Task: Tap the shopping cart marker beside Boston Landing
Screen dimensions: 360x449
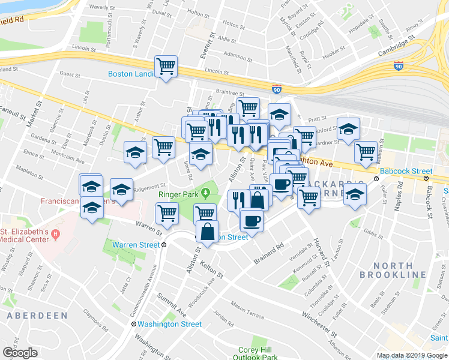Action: [166, 66]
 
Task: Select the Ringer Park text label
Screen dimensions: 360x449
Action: [178, 194]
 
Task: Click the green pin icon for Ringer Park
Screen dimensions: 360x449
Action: [206, 193]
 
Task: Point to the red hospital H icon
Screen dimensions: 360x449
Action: [55, 233]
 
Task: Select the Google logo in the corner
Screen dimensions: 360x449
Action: [20, 352]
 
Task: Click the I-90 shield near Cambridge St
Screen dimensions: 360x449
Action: [398, 67]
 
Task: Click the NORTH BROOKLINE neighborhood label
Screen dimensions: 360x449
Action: [393, 269]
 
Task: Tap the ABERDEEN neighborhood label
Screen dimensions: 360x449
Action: [34, 315]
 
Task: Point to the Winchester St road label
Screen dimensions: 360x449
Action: [318, 322]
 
